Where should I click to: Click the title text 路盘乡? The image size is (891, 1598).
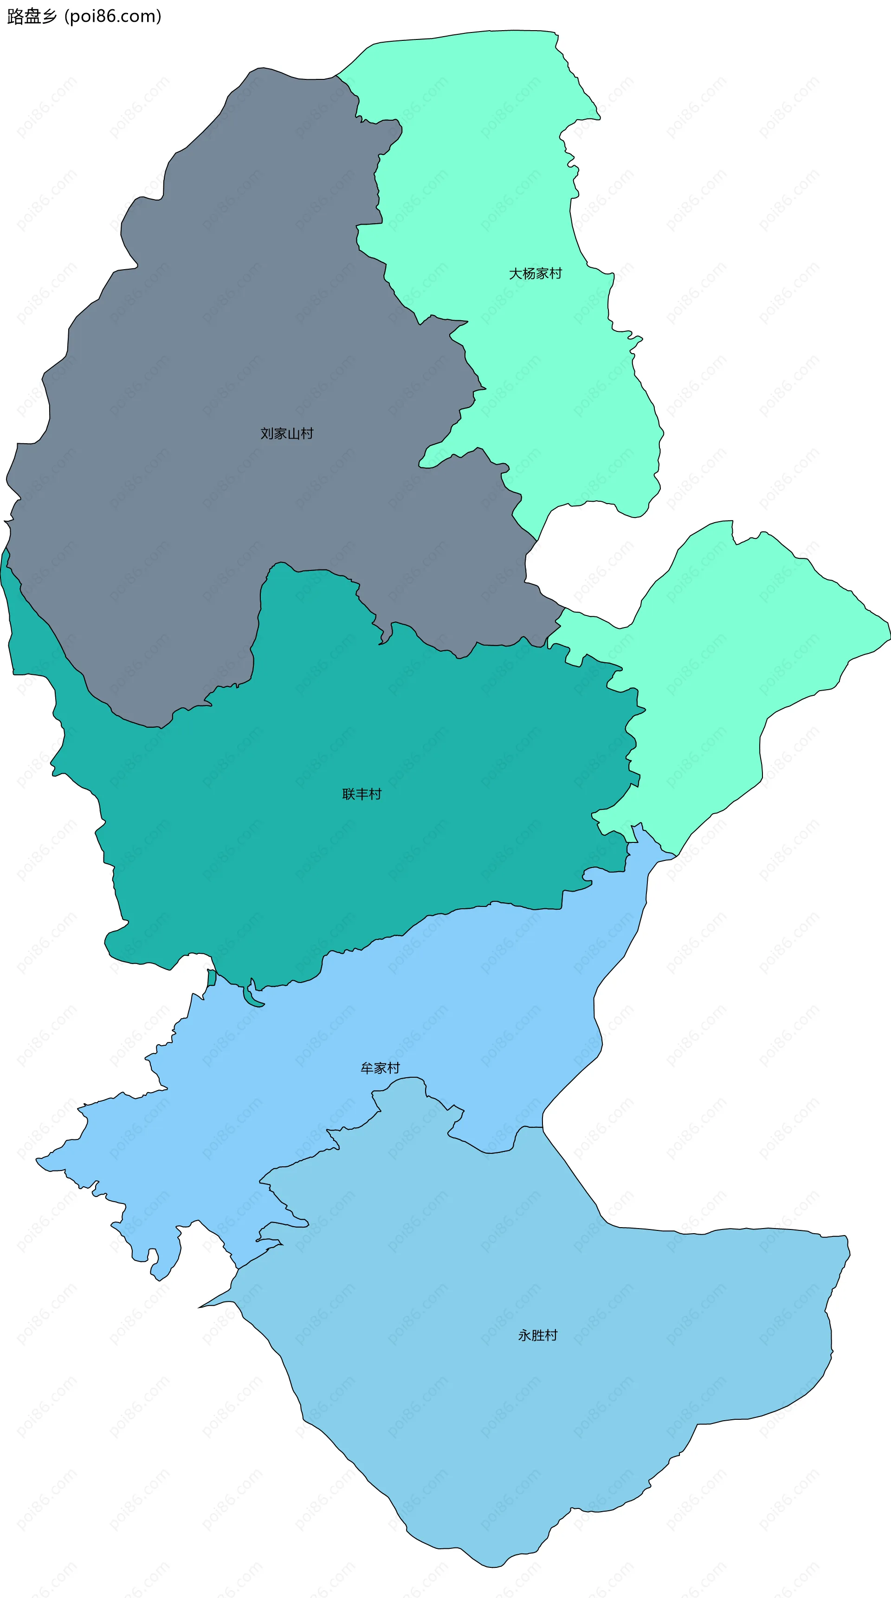(32, 17)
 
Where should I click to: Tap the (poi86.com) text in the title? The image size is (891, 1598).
(113, 17)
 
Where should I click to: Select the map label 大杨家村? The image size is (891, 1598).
(535, 273)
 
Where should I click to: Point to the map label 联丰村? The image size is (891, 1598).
(362, 794)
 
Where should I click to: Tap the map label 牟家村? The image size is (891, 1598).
(380, 1067)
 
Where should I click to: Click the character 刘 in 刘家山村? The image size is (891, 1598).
(267, 433)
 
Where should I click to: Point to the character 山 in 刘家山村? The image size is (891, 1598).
(294, 433)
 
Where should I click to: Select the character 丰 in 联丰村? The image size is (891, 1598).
(362, 794)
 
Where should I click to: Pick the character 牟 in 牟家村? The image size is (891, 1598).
(367, 1067)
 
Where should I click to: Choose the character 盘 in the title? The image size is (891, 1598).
(32, 17)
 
